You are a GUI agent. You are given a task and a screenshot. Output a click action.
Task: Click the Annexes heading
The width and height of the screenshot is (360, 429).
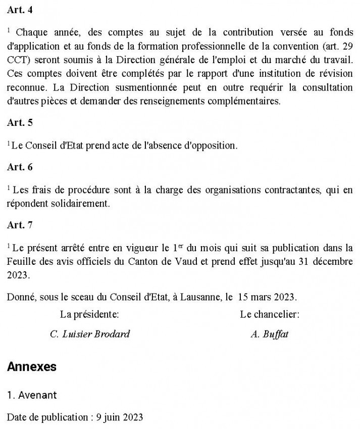[x=32, y=367]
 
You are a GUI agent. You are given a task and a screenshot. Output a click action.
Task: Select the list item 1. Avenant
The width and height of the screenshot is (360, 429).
[x=32, y=395]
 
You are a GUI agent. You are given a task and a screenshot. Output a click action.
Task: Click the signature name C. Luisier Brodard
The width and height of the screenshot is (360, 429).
[x=90, y=334]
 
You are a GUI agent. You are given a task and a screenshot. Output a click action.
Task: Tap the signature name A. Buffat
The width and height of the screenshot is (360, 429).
[x=270, y=334]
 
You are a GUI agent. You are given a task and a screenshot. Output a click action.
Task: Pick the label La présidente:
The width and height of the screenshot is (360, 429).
[x=89, y=315]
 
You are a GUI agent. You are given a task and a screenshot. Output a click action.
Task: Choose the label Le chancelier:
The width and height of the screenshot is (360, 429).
[x=270, y=315]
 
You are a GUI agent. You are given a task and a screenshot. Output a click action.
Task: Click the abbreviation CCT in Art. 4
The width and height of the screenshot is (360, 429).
[x=17, y=73]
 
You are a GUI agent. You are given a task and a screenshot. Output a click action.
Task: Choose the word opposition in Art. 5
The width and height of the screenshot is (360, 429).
[x=210, y=146]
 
